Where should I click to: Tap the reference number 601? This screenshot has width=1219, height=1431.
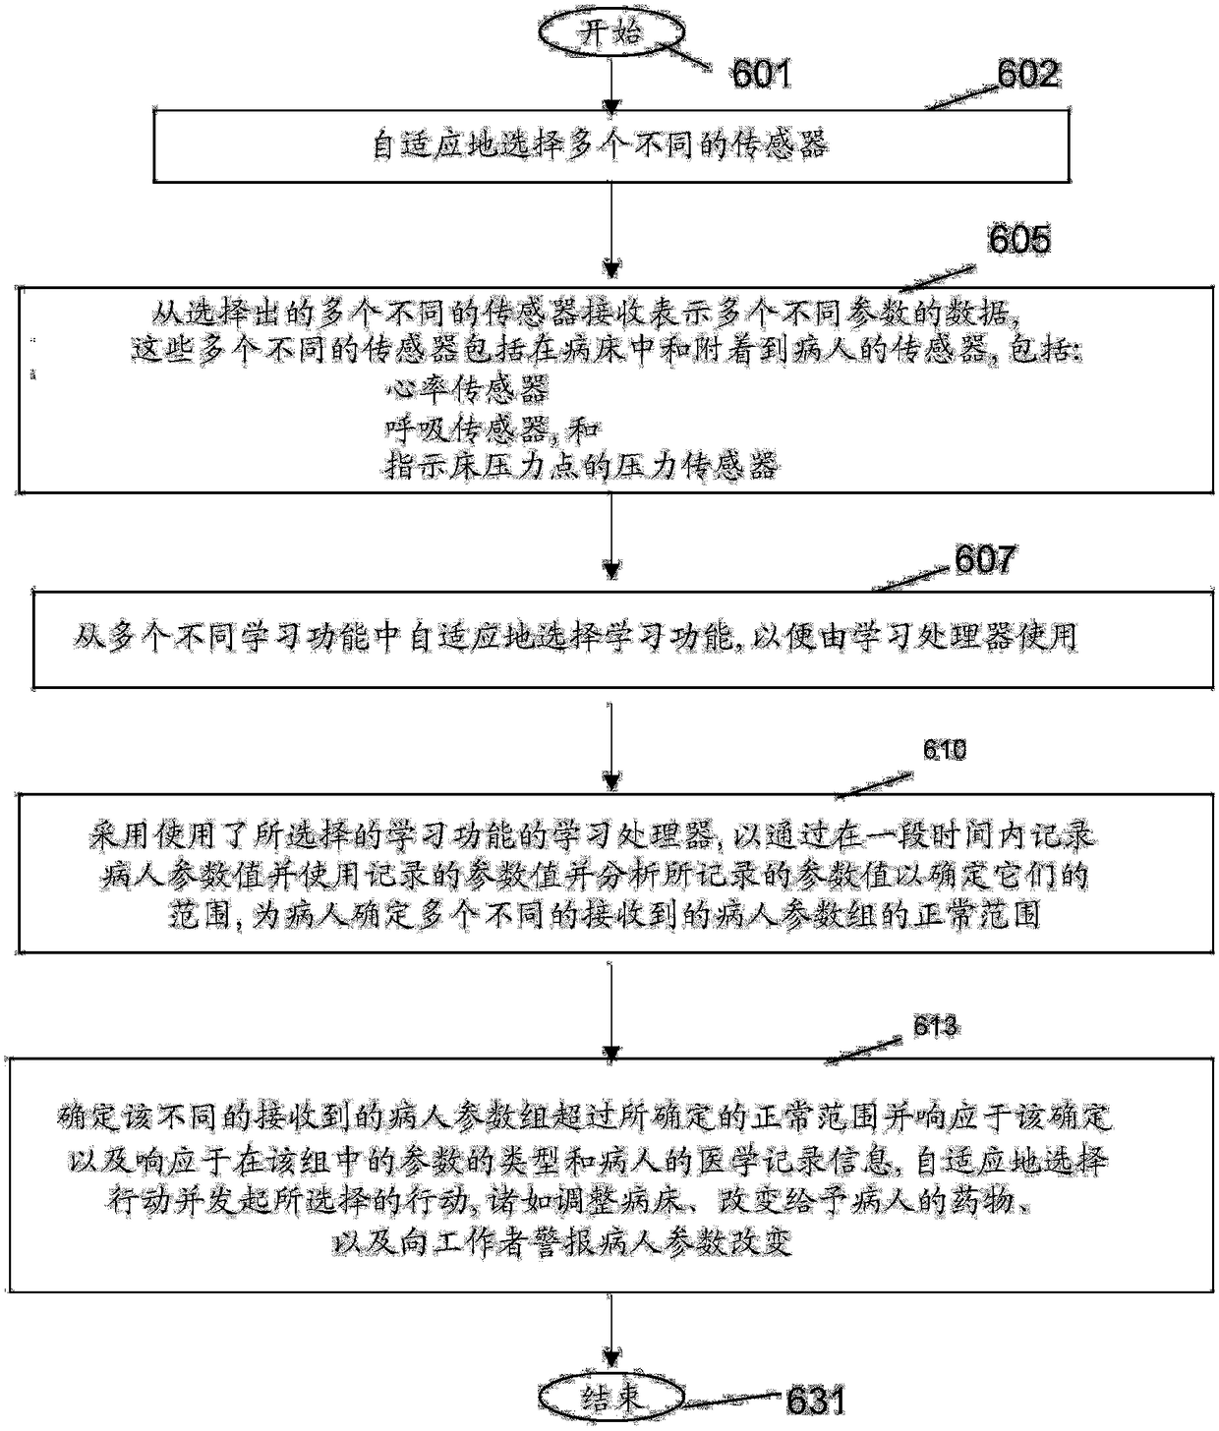761,74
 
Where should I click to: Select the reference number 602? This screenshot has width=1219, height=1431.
1027,74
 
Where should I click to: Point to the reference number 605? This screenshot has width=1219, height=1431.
1018,240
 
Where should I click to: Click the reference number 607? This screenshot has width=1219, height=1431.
985,559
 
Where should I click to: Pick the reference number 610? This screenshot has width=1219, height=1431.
944,750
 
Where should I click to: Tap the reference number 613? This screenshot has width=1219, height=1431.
935,1027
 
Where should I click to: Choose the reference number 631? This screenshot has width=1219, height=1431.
815,1401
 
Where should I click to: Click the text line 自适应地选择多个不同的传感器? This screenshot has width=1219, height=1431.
600,145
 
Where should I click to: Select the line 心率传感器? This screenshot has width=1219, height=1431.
466,389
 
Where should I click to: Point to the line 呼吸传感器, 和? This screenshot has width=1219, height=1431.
492,428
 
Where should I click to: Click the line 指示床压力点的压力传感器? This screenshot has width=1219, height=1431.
581,465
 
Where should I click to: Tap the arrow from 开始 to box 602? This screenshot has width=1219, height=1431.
611,84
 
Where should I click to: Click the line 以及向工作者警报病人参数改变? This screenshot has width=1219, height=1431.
562,1242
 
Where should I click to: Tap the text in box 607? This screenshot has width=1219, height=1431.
575,637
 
